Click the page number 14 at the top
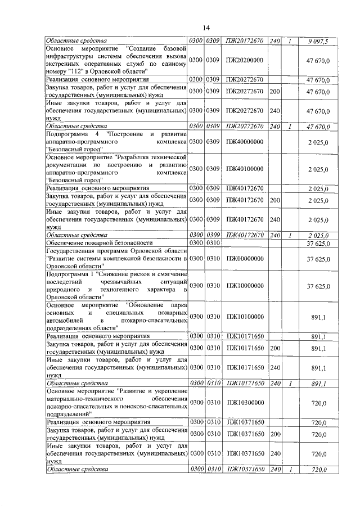point(206,28)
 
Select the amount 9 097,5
point(318,41)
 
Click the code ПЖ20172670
point(245,41)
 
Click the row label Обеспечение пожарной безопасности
point(96,242)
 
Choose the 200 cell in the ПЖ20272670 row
point(275,91)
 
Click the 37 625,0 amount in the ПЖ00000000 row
point(318,258)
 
